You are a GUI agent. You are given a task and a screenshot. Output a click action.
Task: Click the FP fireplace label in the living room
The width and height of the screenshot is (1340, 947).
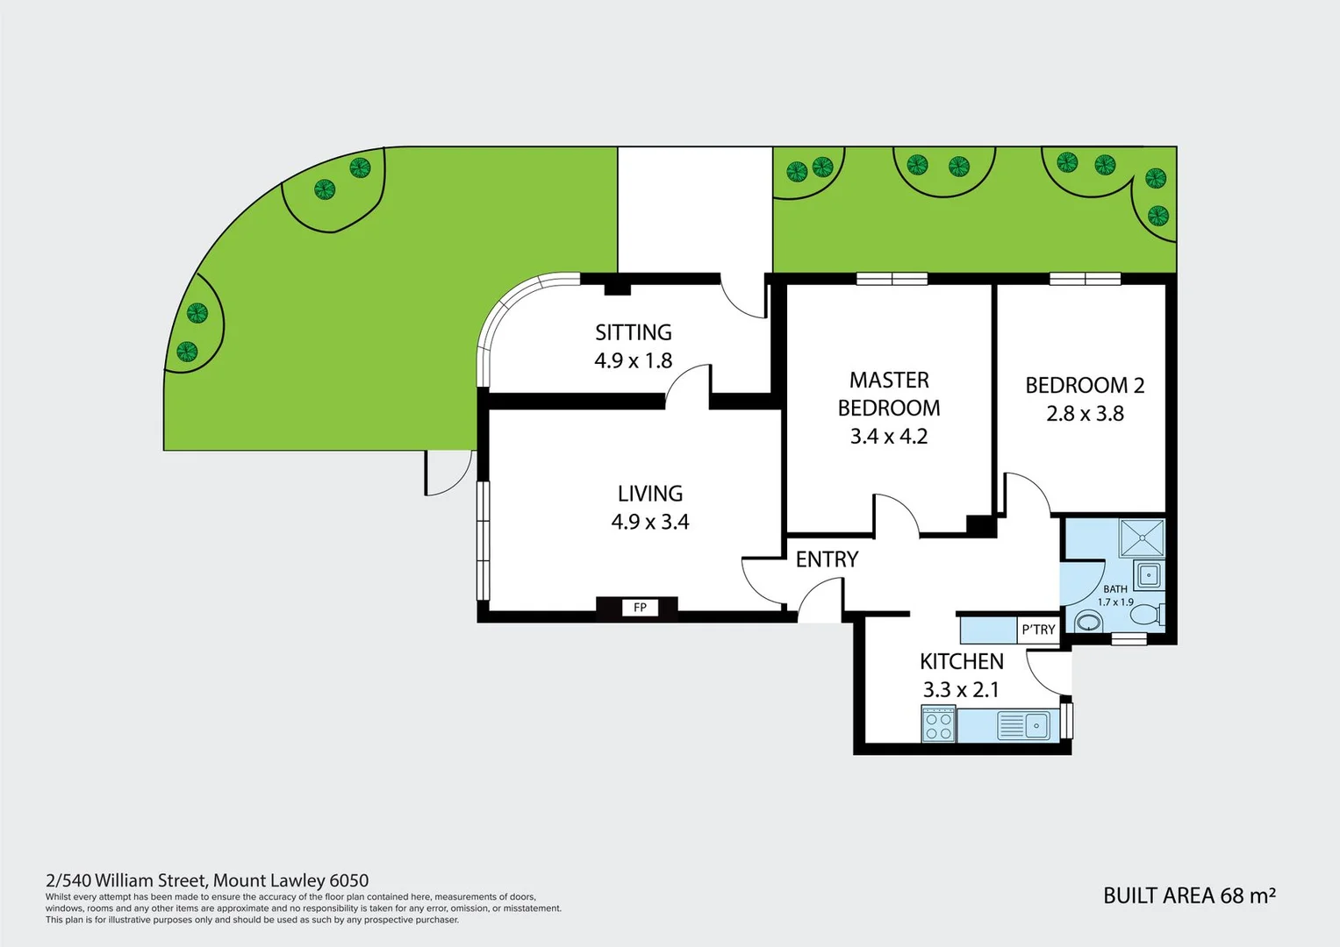pyautogui.click(x=640, y=608)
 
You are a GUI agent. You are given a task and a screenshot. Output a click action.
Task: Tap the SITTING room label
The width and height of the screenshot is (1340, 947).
pyautogui.click(x=633, y=332)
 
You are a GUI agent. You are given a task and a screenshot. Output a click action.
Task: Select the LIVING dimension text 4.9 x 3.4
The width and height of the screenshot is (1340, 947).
pyautogui.click(x=649, y=522)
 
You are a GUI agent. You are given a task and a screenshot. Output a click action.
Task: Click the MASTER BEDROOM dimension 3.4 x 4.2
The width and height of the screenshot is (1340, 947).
pyautogui.click(x=888, y=436)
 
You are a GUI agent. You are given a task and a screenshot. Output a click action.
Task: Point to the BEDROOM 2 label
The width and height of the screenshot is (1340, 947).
pyautogui.click(x=1085, y=385)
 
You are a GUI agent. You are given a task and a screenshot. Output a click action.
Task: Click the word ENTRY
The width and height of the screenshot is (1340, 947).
pyautogui.click(x=827, y=559)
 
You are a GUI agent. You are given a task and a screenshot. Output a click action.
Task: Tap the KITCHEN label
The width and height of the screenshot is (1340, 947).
pyautogui.click(x=961, y=661)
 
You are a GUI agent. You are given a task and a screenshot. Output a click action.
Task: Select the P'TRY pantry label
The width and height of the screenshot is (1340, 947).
pyautogui.click(x=1038, y=630)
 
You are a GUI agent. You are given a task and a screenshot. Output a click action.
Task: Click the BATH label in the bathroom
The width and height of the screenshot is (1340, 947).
pyautogui.click(x=1115, y=589)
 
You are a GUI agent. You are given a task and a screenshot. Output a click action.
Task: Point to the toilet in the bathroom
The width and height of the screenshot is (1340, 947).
pyautogui.click(x=1088, y=623)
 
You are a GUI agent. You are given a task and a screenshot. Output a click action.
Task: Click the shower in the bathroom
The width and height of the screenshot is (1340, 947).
pyautogui.click(x=1142, y=538)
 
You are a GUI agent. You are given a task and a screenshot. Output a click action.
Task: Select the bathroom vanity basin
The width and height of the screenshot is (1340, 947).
pyautogui.click(x=1148, y=576)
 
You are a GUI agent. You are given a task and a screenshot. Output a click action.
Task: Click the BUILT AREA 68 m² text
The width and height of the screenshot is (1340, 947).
pyautogui.click(x=1188, y=895)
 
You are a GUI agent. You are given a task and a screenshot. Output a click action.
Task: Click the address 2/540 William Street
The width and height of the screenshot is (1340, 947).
pyautogui.click(x=207, y=880)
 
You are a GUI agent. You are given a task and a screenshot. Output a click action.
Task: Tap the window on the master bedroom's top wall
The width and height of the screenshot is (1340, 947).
pyautogui.click(x=892, y=279)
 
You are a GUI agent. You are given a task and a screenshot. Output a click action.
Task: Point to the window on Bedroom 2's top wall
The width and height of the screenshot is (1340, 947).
pyautogui.click(x=1085, y=279)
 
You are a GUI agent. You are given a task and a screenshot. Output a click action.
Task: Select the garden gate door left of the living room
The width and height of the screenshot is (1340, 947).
pyautogui.click(x=448, y=473)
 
